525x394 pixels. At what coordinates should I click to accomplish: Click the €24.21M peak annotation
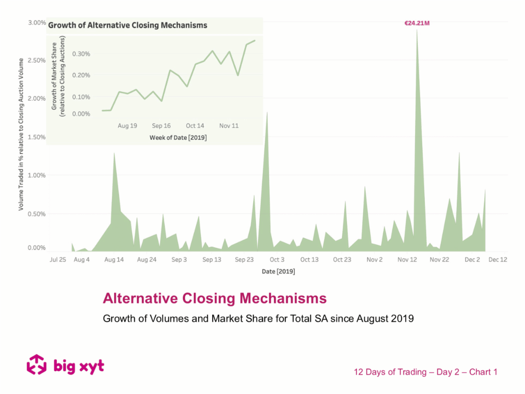[x=417, y=23]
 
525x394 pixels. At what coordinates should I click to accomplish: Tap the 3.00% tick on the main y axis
[x=37, y=23]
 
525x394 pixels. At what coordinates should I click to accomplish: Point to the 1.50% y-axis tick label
[x=37, y=137]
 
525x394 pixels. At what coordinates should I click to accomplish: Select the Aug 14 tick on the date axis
[x=114, y=260]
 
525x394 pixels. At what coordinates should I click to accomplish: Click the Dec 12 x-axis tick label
[x=498, y=260]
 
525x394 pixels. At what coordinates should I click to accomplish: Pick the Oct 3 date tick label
[x=277, y=260]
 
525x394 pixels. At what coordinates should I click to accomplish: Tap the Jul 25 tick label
[x=58, y=260]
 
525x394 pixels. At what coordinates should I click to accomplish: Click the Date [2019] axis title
[x=278, y=271]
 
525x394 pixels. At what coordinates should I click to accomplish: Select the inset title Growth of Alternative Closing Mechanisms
[x=127, y=25]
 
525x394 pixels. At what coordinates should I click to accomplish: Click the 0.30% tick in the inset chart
[x=81, y=54]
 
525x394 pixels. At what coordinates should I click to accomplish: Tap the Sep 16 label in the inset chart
[x=161, y=126]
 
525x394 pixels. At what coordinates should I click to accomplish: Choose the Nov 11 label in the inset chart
[x=229, y=126]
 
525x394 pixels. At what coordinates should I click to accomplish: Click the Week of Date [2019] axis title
[x=178, y=137]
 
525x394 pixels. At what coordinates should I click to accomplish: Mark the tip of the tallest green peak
[x=417, y=30]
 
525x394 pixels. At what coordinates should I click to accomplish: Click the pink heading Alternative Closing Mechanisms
[x=214, y=299]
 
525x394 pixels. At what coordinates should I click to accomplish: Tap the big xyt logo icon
[x=37, y=365]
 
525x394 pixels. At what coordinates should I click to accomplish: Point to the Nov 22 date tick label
[x=439, y=260]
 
